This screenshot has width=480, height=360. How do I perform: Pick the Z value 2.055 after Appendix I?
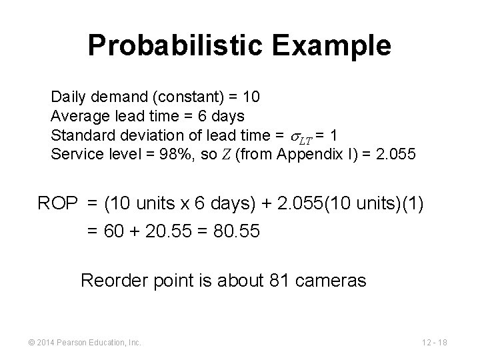(397, 155)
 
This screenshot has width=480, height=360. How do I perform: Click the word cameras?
(335, 281)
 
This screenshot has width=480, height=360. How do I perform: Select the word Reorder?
(111, 281)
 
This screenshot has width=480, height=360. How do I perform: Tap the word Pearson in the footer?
(73, 343)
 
